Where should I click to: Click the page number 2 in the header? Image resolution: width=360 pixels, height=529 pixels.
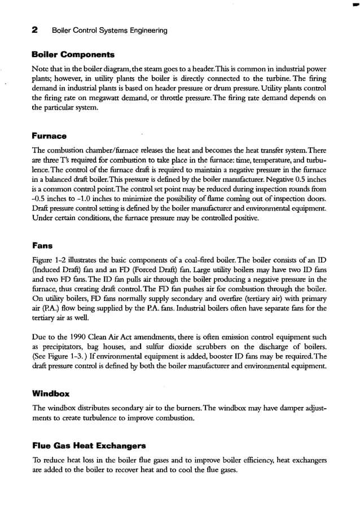35,30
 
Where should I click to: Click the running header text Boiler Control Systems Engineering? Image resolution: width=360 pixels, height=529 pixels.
109,30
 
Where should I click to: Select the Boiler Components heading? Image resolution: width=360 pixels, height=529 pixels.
73,55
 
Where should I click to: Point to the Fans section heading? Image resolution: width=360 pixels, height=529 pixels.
43,246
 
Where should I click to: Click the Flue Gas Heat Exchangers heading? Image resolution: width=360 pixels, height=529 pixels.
89,445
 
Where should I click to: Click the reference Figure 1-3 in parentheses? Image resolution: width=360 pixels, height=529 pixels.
62,357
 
